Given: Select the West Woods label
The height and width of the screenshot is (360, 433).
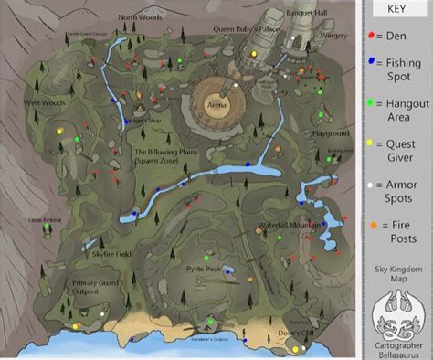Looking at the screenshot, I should pos(42,102).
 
